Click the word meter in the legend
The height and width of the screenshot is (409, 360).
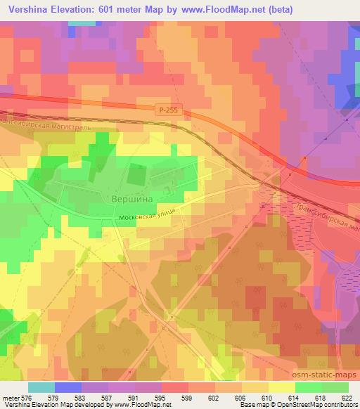tap(11, 397)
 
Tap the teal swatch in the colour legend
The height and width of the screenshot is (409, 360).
tap(41, 387)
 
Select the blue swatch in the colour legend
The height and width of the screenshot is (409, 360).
tap(68, 387)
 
